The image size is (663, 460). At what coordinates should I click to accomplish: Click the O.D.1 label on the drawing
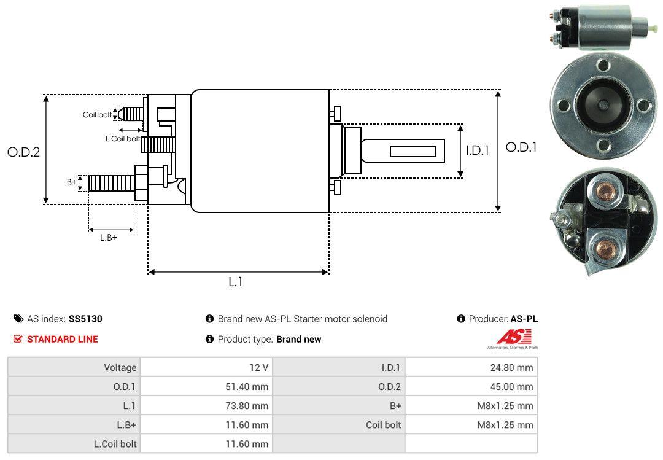[x=521, y=147]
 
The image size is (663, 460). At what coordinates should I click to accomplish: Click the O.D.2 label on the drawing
[x=23, y=152]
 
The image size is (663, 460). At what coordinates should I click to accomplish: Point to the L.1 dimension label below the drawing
[x=236, y=282]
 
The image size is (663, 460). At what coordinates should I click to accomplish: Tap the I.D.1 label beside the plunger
[x=477, y=149]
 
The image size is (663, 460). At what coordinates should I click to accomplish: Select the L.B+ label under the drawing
[x=109, y=238]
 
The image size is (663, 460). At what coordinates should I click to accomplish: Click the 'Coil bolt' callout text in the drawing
[x=97, y=115]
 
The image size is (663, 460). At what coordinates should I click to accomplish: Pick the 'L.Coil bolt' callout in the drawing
[x=123, y=139]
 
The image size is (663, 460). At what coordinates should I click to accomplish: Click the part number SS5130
[x=85, y=319]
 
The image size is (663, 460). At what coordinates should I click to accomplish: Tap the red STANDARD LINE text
[x=62, y=339]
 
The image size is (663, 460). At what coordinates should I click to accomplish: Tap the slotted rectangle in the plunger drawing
[x=413, y=151]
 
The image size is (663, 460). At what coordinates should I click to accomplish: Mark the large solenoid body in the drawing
[x=260, y=151]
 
